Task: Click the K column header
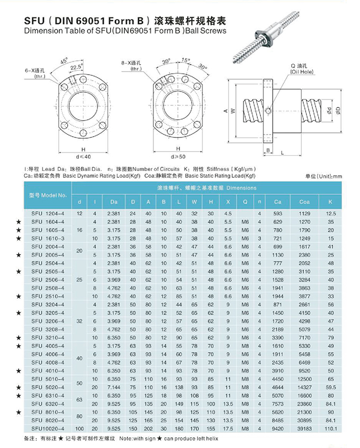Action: click(330, 202)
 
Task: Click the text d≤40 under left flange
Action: click(84, 157)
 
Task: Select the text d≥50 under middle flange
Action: click(178, 157)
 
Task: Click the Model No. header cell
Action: click(47, 194)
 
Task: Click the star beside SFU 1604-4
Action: click(19, 221)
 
